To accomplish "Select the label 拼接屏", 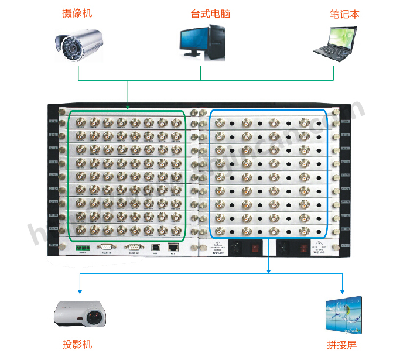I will coord(341,345).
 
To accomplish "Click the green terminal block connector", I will coord(80,247).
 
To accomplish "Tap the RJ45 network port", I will coord(173,247).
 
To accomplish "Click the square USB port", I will coord(156,247).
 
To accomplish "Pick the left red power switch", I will coord(255,246).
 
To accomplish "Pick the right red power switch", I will coord(304,246).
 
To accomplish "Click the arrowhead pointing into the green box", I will coord(128,107).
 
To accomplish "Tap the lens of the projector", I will coord(94,319).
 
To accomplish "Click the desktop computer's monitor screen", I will coord(195,38).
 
